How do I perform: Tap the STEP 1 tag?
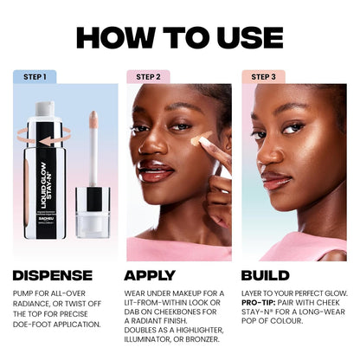[35, 76]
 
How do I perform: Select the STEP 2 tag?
[148, 76]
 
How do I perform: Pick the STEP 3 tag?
[263, 76]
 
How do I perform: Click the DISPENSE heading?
[53, 275]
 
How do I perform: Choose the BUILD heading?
[272, 275]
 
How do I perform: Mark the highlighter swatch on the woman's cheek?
[201, 138]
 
